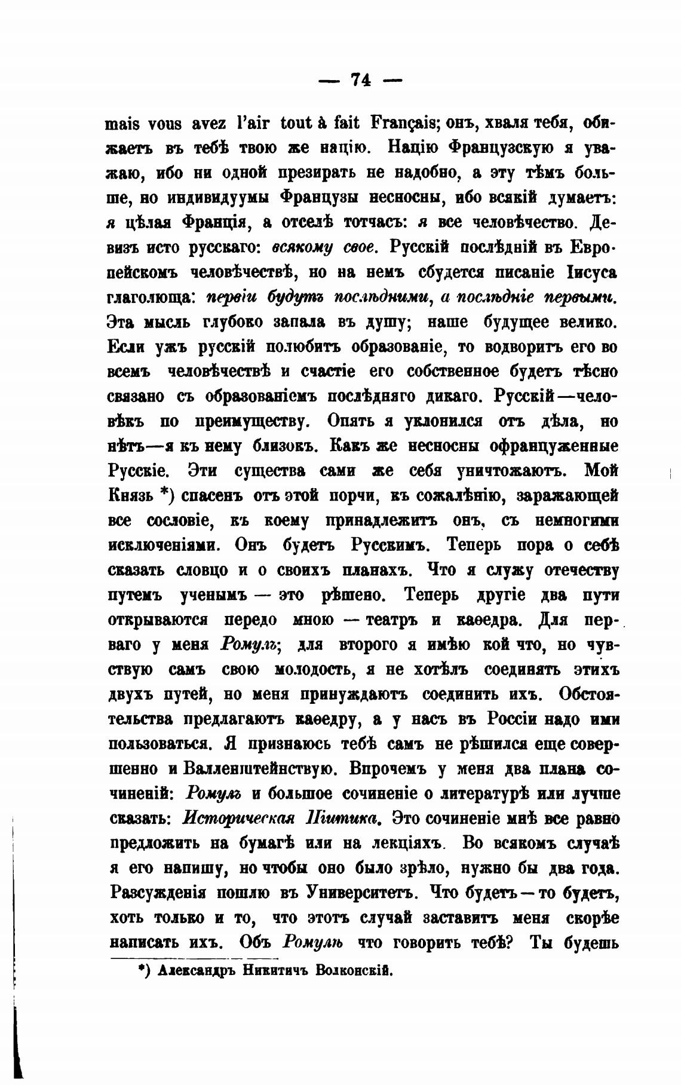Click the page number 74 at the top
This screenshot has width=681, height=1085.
[361, 79]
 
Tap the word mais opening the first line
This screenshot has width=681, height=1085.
[122, 124]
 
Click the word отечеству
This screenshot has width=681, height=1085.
[581, 570]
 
